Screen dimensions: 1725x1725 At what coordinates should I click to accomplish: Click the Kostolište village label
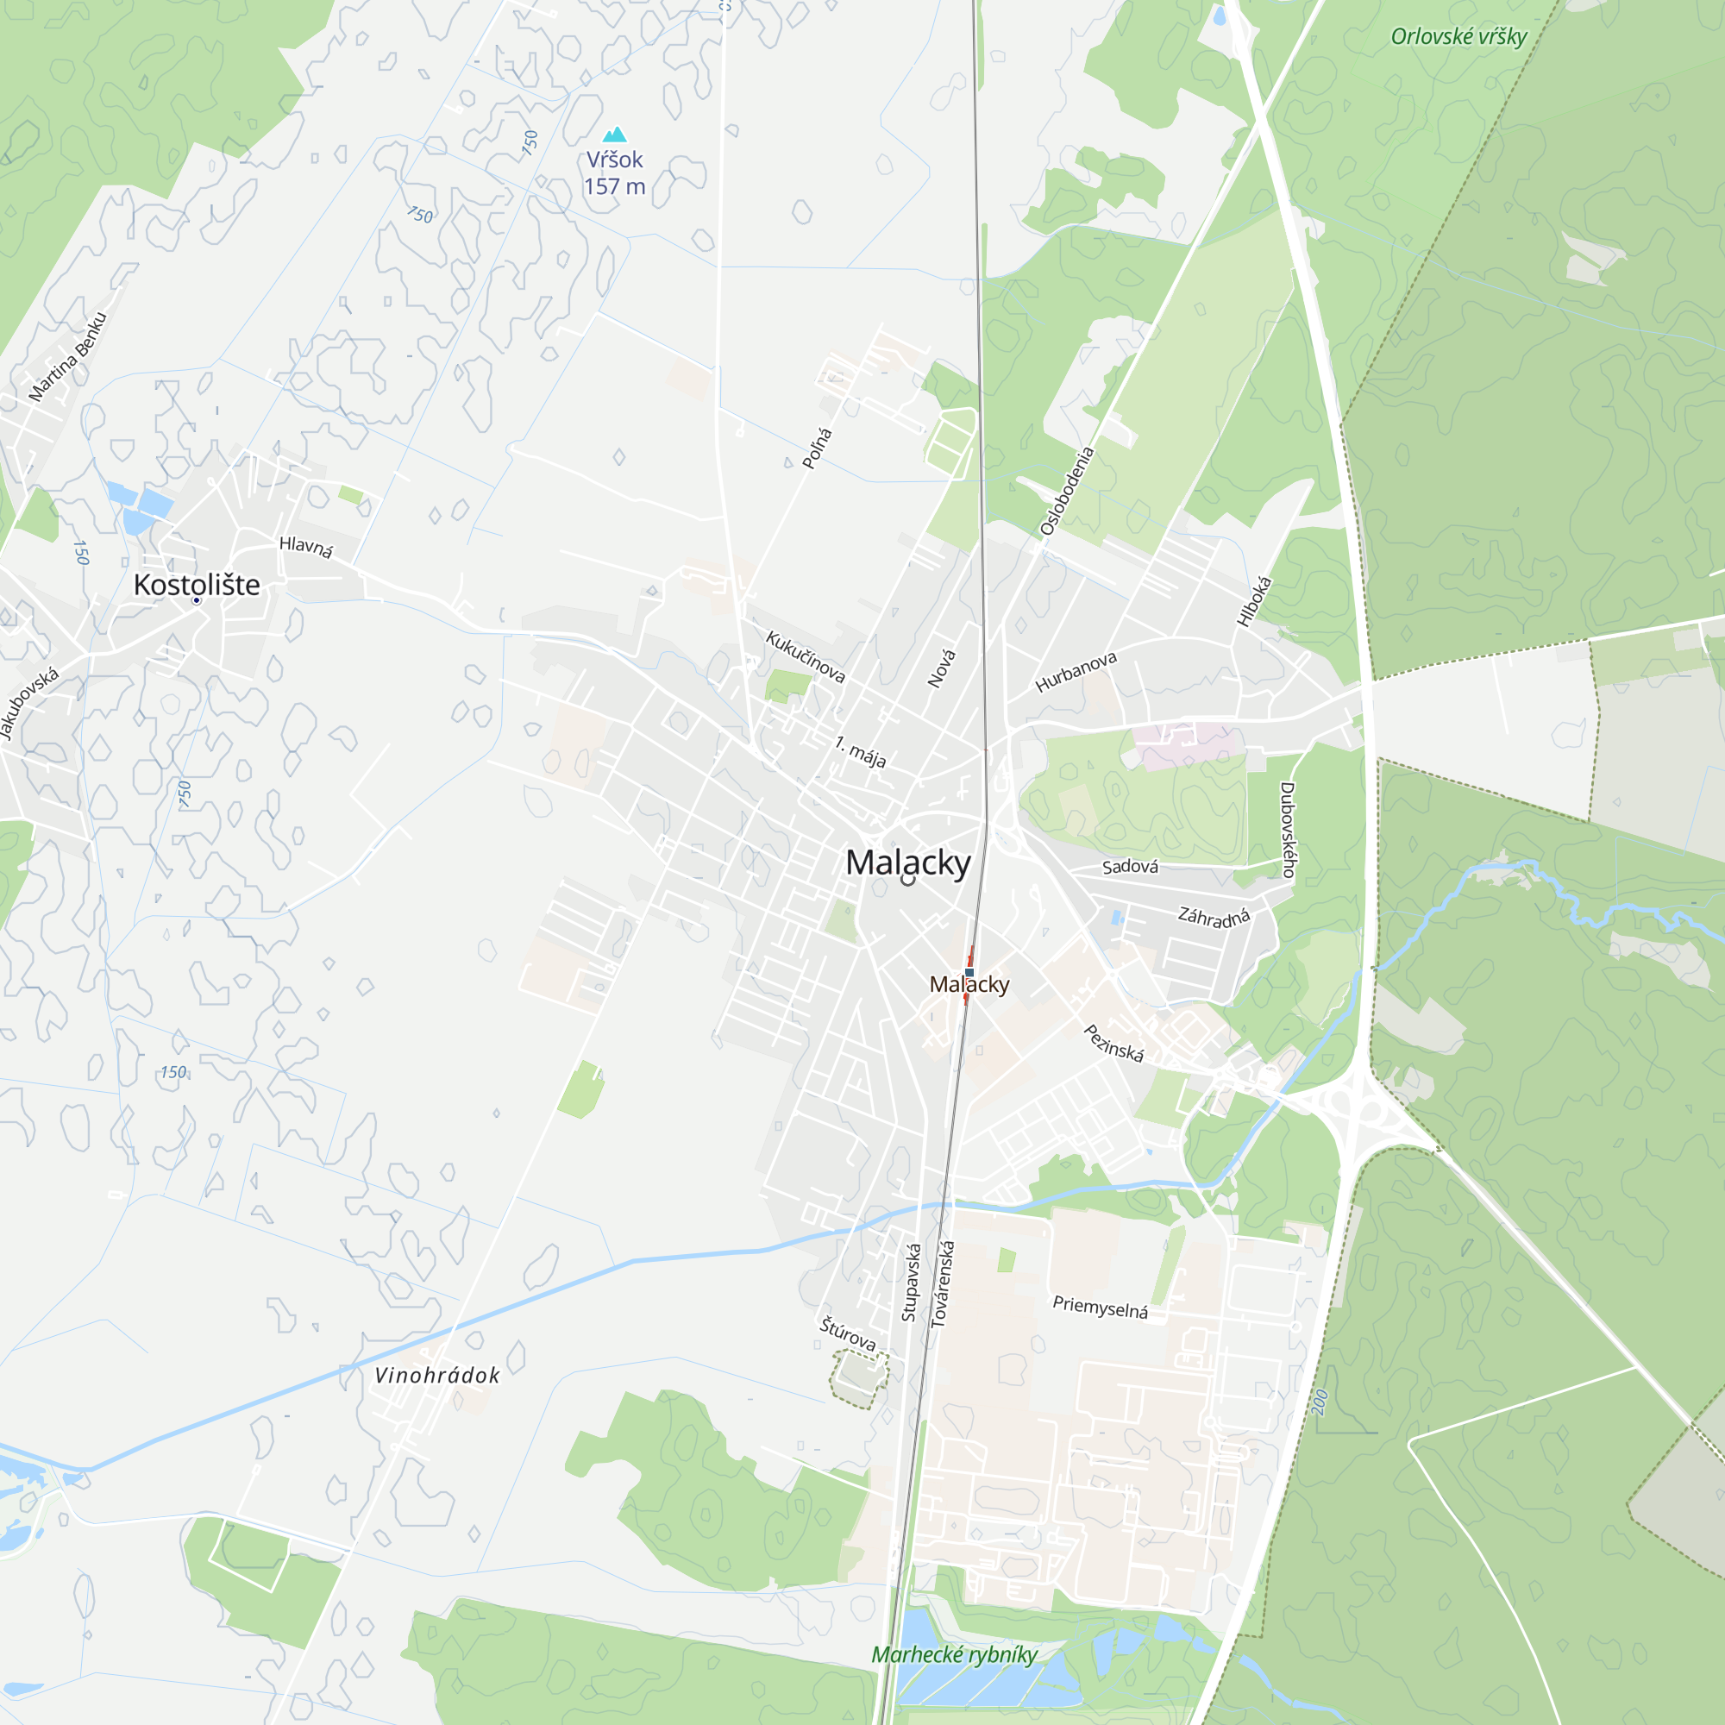point(197,585)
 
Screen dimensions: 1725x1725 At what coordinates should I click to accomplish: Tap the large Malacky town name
point(907,862)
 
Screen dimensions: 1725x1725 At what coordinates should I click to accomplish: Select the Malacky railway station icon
point(969,972)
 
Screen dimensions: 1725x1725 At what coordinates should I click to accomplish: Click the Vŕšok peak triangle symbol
point(614,135)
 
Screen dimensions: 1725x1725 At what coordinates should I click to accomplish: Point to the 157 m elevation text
point(614,186)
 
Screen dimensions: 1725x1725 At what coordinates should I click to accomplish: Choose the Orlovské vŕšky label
point(1458,36)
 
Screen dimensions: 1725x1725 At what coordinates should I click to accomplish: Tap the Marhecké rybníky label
point(954,1654)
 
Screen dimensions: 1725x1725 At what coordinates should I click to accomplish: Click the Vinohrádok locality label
point(436,1375)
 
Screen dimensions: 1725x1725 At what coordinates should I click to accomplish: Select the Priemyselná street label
point(1100,1308)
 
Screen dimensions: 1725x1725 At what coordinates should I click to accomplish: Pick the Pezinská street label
point(1113,1043)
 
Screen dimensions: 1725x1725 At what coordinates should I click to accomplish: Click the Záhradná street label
point(1214,917)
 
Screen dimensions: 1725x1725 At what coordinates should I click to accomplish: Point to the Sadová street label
point(1130,867)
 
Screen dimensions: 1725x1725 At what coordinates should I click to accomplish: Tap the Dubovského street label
point(1287,830)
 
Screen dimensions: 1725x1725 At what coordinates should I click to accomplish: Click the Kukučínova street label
point(805,656)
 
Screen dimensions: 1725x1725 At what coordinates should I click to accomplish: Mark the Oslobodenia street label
point(1066,491)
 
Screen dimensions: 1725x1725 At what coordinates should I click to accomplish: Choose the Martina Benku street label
point(67,356)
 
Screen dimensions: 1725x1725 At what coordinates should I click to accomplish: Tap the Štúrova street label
point(847,1334)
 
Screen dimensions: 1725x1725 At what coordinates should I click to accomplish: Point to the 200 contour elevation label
point(1320,1402)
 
